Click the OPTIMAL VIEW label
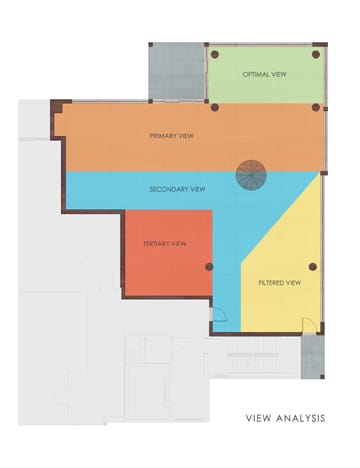(264, 74)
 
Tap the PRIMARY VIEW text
(171, 136)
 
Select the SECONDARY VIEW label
(177, 189)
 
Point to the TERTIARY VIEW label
(165, 244)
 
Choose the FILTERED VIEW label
(280, 283)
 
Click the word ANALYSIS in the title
(300, 418)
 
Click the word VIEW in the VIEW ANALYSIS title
(258, 418)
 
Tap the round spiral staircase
(251, 175)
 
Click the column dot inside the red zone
(209, 267)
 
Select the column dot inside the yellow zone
(313, 267)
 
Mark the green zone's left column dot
(215, 54)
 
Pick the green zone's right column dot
(316, 54)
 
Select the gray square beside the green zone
(177, 73)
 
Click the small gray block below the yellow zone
(312, 357)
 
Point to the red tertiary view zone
(168, 253)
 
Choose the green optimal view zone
(266, 75)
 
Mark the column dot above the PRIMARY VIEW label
(215, 107)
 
